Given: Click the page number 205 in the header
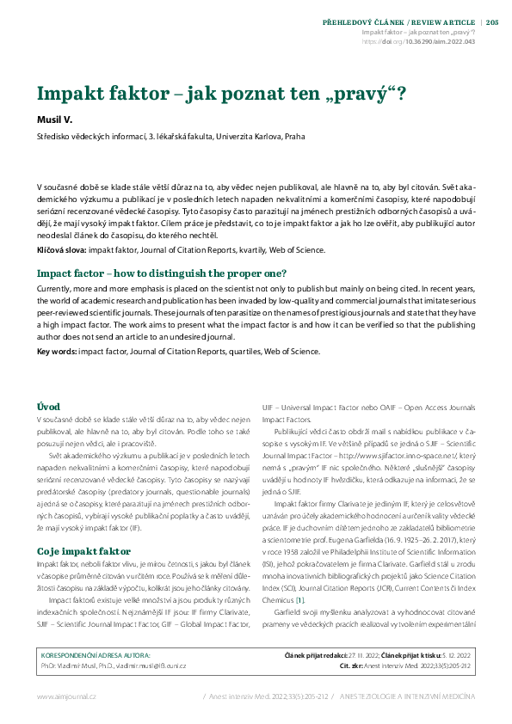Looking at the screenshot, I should coord(492,22).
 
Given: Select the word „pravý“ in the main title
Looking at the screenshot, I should coord(358,94).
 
